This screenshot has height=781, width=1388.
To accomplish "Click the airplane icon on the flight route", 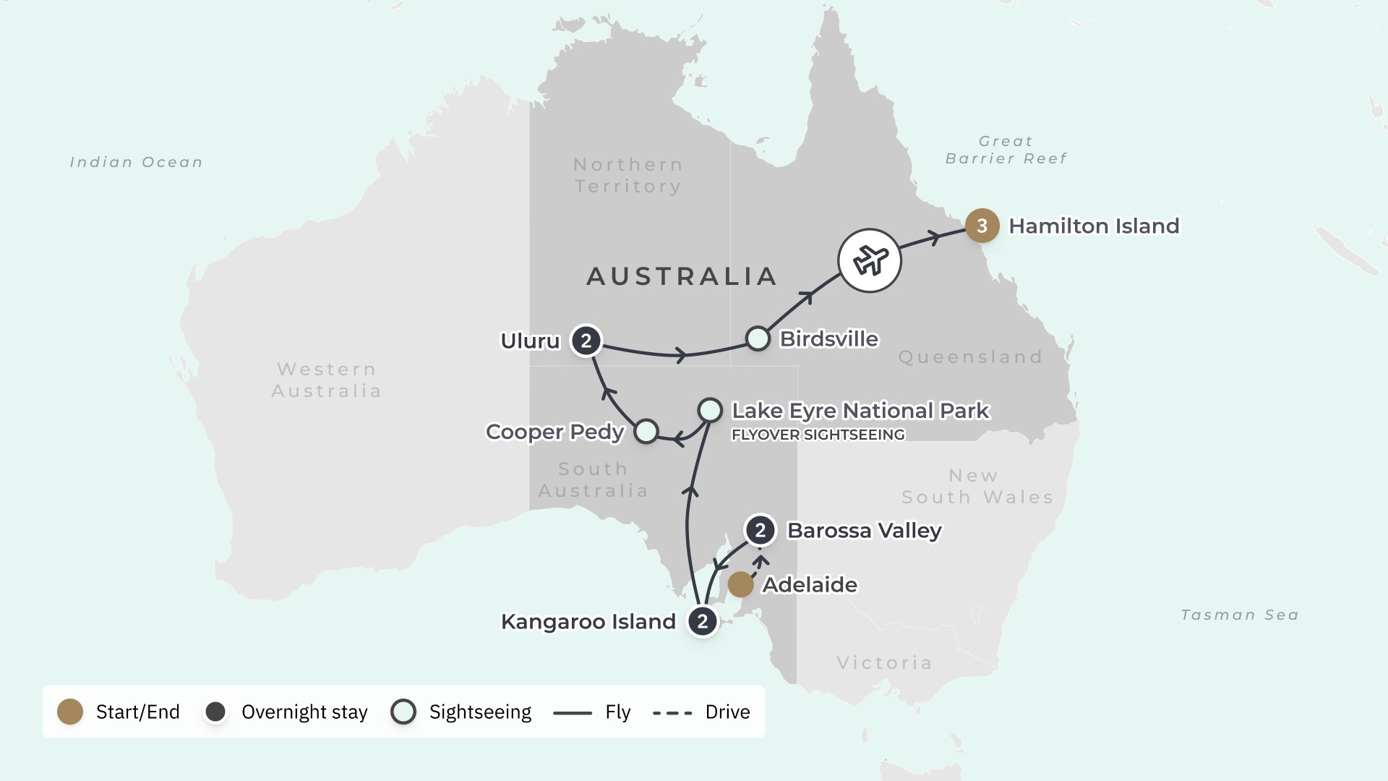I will (870, 260).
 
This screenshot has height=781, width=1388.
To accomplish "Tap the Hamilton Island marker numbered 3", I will (982, 226).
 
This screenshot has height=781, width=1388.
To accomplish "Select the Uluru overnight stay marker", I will (586, 341).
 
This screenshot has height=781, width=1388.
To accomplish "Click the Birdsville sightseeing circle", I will (758, 338).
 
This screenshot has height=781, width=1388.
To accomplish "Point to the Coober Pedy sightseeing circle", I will (646, 431).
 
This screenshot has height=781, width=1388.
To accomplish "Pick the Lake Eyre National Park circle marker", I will (710, 410).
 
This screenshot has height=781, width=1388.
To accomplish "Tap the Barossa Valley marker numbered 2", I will (760, 530).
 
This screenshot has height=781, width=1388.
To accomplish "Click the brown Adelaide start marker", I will (740, 584).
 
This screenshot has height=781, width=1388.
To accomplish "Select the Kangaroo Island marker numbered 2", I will (702, 621).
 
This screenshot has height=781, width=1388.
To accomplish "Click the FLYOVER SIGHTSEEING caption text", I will (818, 435).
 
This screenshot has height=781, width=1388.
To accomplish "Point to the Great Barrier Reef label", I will (1006, 150).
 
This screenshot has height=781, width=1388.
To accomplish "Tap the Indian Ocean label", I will (136, 162).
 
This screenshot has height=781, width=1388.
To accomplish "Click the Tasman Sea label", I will (1239, 615).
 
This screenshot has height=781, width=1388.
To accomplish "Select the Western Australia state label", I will (326, 380).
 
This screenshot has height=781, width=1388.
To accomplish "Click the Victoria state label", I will (884, 662).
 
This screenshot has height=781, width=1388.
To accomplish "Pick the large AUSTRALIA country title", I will (682, 276).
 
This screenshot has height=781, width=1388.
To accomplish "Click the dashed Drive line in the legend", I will (672, 713).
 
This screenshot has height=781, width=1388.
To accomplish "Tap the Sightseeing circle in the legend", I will (403, 712).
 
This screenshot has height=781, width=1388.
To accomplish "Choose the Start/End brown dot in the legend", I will (70, 712).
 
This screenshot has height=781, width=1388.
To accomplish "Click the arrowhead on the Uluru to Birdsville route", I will (680, 355).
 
